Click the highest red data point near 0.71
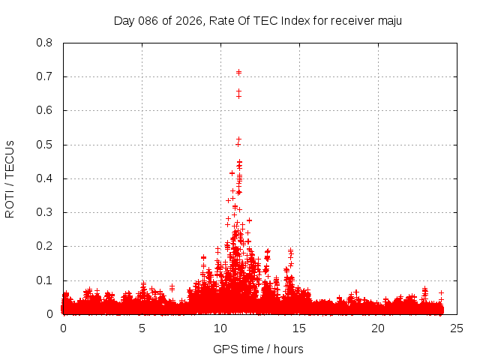tap(238, 72)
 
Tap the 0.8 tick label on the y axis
tap(44, 43)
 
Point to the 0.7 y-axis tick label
tap(44, 76)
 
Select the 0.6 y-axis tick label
tap(44, 110)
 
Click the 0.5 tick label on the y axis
tap(44, 144)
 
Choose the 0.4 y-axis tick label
tap(44, 178)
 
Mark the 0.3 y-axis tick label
tap(44, 212)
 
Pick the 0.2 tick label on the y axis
tap(44, 246)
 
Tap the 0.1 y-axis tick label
tap(44, 280)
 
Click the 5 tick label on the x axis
tap(142, 328)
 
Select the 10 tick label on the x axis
tap(220, 328)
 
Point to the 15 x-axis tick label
tap(299, 328)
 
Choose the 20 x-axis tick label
tap(378, 328)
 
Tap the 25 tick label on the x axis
tap(457, 328)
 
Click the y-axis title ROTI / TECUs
tap(10, 178)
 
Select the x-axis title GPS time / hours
tap(258, 349)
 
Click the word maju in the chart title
tap(389, 20)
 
